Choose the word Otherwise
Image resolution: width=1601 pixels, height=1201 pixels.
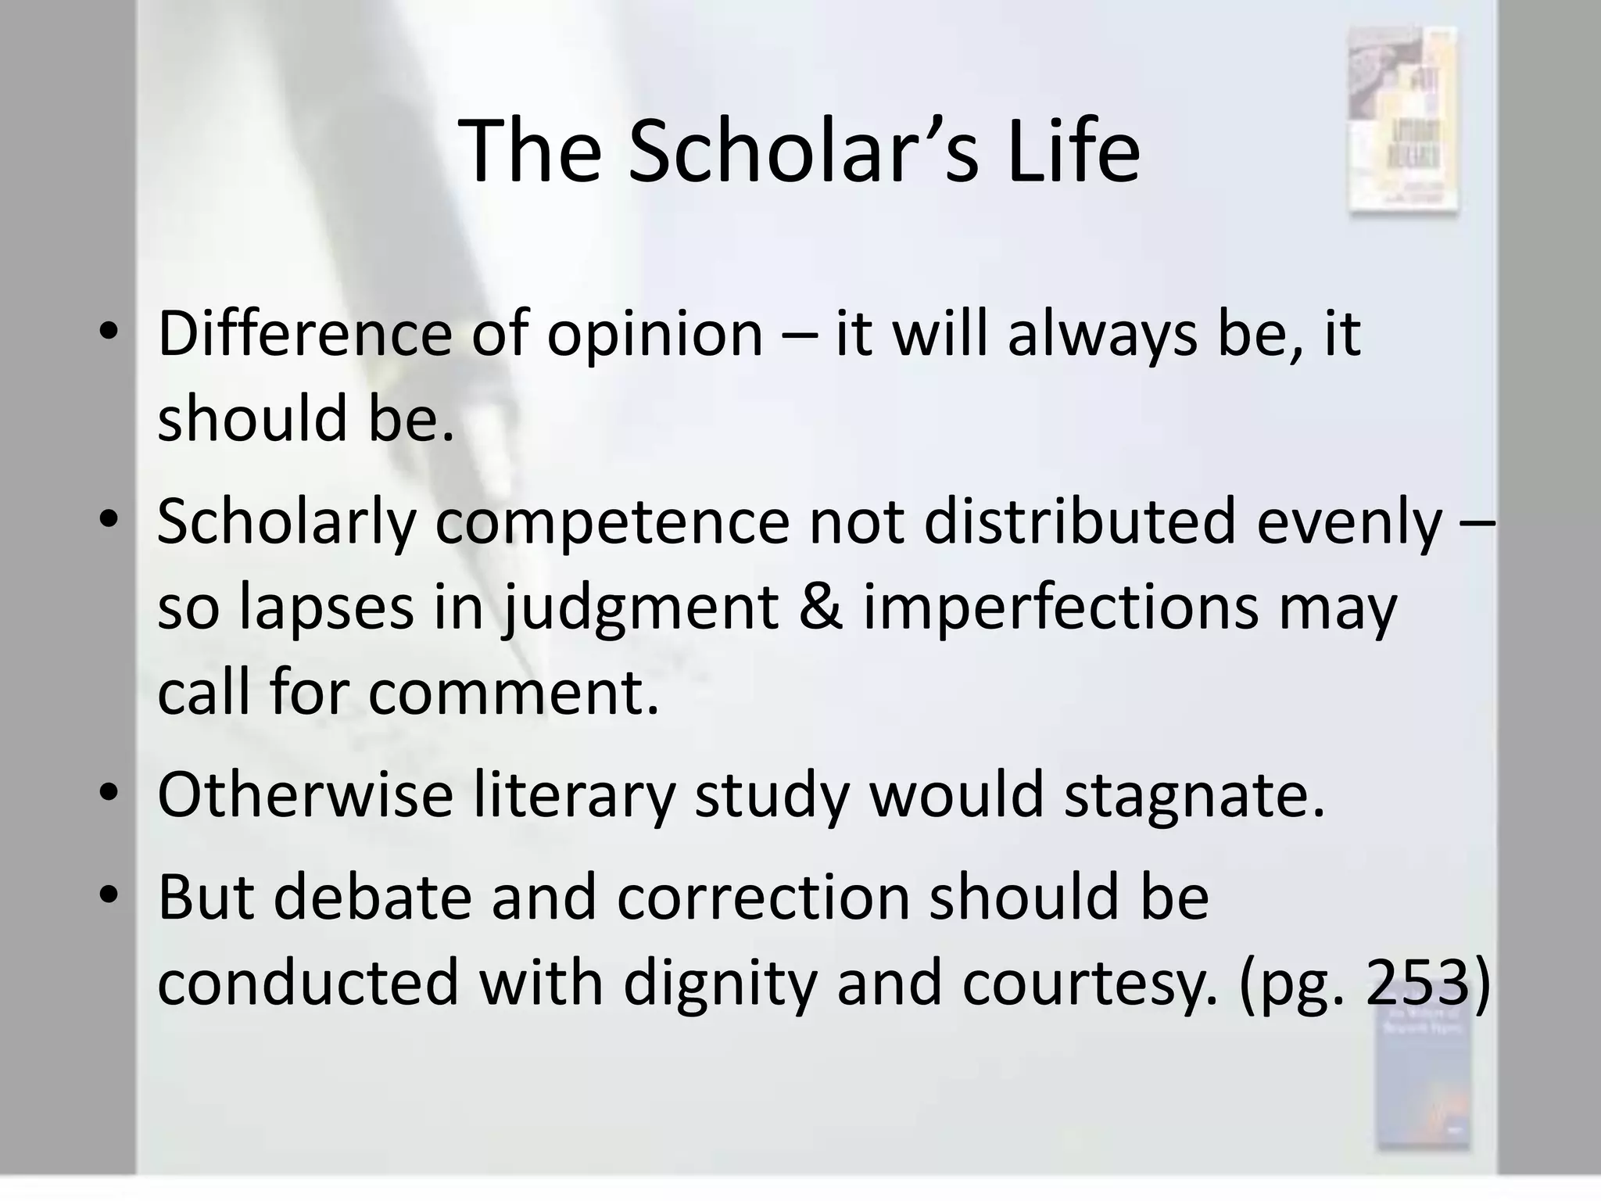(x=305, y=794)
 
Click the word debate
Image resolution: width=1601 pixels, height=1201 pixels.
(x=373, y=896)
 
